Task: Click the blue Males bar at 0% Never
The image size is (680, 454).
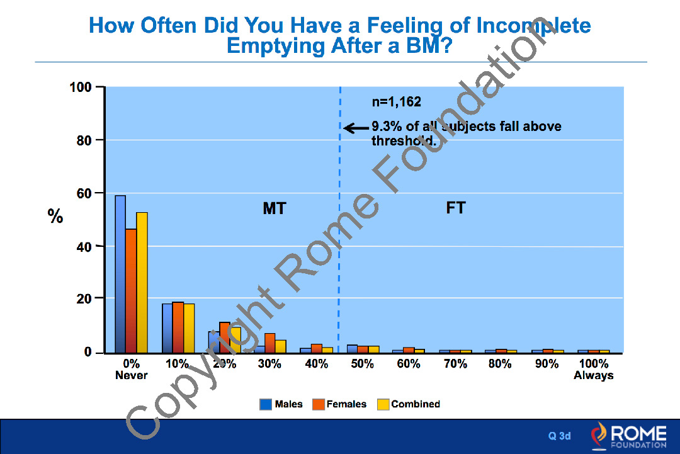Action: tap(120, 274)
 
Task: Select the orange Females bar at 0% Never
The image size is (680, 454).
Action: tap(131, 290)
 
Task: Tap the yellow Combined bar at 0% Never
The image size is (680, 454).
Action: tap(142, 282)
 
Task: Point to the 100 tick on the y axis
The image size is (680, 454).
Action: tap(82, 87)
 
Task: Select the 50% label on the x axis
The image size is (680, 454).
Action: tap(362, 364)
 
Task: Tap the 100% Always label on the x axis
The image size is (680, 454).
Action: tap(593, 370)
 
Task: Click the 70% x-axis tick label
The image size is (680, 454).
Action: tap(455, 364)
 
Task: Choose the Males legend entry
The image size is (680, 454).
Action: tap(281, 404)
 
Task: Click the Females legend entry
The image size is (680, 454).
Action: tap(339, 404)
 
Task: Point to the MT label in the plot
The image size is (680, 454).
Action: tap(274, 208)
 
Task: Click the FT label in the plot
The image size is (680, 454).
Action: tap(455, 208)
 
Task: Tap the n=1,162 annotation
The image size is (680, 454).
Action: tap(396, 101)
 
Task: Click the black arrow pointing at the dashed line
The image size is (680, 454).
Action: tap(356, 128)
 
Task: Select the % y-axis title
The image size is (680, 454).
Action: tap(55, 217)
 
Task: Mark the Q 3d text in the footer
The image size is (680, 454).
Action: tap(559, 436)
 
